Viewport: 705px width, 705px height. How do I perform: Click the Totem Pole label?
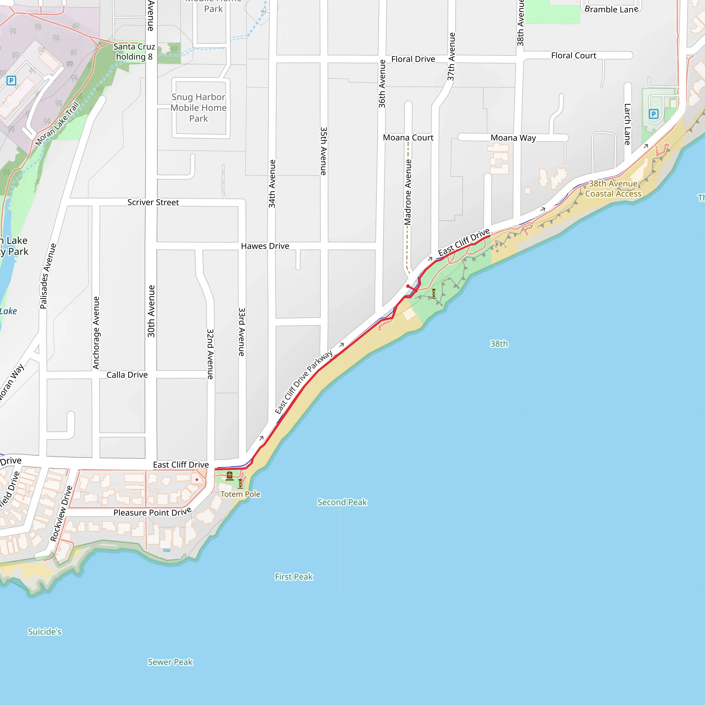click(240, 494)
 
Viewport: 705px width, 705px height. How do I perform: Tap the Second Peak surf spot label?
click(342, 502)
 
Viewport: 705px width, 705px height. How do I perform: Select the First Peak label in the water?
click(294, 577)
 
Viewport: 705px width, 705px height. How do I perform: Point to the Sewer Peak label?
click(170, 662)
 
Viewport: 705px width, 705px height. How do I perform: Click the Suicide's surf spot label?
click(44, 632)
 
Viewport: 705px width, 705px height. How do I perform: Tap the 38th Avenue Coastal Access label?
click(613, 189)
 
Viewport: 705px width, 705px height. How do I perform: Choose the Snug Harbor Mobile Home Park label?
click(199, 108)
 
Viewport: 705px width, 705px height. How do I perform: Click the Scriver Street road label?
click(153, 202)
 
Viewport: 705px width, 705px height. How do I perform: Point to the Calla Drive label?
click(127, 375)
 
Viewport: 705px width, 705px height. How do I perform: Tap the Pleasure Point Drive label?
click(152, 512)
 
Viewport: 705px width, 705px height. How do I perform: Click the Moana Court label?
click(408, 138)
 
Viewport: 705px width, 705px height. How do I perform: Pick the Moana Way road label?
click(513, 138)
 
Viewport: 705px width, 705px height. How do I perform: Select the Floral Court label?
click(574, 55)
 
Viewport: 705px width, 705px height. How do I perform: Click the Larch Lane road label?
click(627, 124)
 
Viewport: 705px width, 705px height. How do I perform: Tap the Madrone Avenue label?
click(408, 192)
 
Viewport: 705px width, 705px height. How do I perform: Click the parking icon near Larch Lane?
click(654, 114)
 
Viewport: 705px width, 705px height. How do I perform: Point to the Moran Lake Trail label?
click(57, 124)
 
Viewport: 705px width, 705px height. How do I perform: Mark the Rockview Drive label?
click(61, 513)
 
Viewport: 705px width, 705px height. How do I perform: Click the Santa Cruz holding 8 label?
click(134, 51)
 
